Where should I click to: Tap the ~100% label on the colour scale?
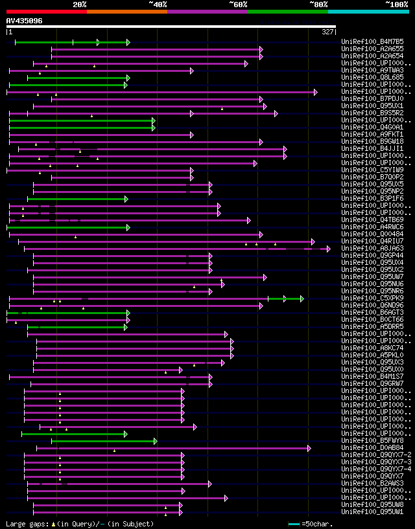(x=396, y=4)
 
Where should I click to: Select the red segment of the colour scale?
(x=46, y=11)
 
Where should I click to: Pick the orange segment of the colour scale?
(x=126, y=11)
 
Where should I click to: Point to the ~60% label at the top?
(x=238, y=4)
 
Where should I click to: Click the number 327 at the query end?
(x=327, y=32)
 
